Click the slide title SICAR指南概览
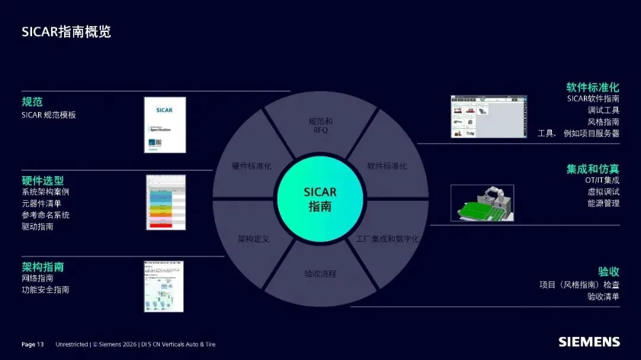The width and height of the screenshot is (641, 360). [x=66, y=31]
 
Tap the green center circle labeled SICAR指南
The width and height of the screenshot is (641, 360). [x=320, y=199]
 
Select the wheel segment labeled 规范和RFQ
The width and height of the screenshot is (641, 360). [x=320, y=125]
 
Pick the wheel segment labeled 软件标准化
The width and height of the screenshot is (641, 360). [x=387, y=166]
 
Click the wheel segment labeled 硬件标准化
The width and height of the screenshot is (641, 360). [x=252, y=166]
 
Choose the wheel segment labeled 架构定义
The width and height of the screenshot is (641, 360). [x=253, y=239]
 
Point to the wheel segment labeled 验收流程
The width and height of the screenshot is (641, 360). [x=320, y=274]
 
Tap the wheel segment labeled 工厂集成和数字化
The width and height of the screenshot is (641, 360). [x=388, y=239]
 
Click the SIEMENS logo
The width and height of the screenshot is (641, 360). [x=589, y=342]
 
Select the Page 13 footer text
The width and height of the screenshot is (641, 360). [x=33, y=345]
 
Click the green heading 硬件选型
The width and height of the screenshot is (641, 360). [x=43, y=180]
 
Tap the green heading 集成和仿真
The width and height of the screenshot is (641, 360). [x=592, y=169]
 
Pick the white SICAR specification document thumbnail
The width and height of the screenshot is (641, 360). [x=165, y=125]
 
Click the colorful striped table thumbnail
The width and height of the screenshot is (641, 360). [x=166, y=202]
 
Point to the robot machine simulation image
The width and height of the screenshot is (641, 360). [x=482, y=203]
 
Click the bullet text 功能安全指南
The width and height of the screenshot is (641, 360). [x=46, y=290]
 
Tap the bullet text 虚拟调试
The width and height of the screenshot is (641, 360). [x=603, y=192]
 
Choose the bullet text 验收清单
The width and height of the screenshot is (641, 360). [x=603, y=297]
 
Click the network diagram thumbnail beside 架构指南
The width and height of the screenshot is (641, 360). [x=163, y=286]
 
